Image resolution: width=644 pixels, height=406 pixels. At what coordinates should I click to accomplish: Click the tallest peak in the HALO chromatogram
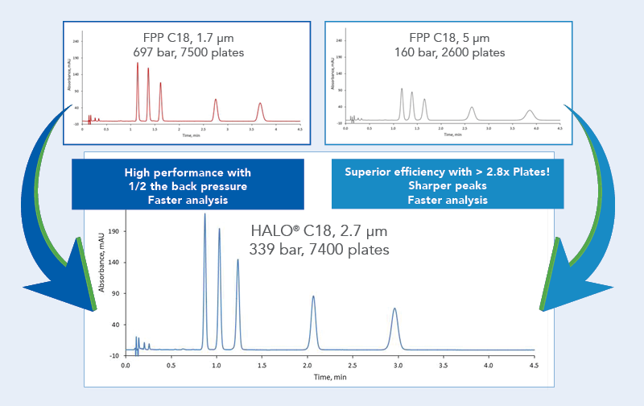(x=204, y=216)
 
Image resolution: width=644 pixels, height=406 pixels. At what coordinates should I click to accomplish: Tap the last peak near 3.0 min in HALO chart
(x=394, y=309)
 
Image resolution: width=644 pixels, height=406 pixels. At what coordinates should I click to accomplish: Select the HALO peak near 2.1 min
(x=313, y=297)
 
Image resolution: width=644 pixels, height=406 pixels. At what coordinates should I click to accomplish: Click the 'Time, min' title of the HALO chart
(x=329, y=376)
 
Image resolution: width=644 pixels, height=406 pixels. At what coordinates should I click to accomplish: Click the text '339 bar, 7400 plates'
(x=320, y=250)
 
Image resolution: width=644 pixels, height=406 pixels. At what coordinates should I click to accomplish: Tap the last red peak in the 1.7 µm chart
(x=260, y=104)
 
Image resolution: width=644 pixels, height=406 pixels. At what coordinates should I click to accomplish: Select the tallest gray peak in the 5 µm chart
(x=402, y=89)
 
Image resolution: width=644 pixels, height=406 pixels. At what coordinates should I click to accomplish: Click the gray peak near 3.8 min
(x=529, y=111)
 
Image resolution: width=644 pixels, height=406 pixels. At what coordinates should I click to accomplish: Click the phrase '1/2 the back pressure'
(x=188, y=186)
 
